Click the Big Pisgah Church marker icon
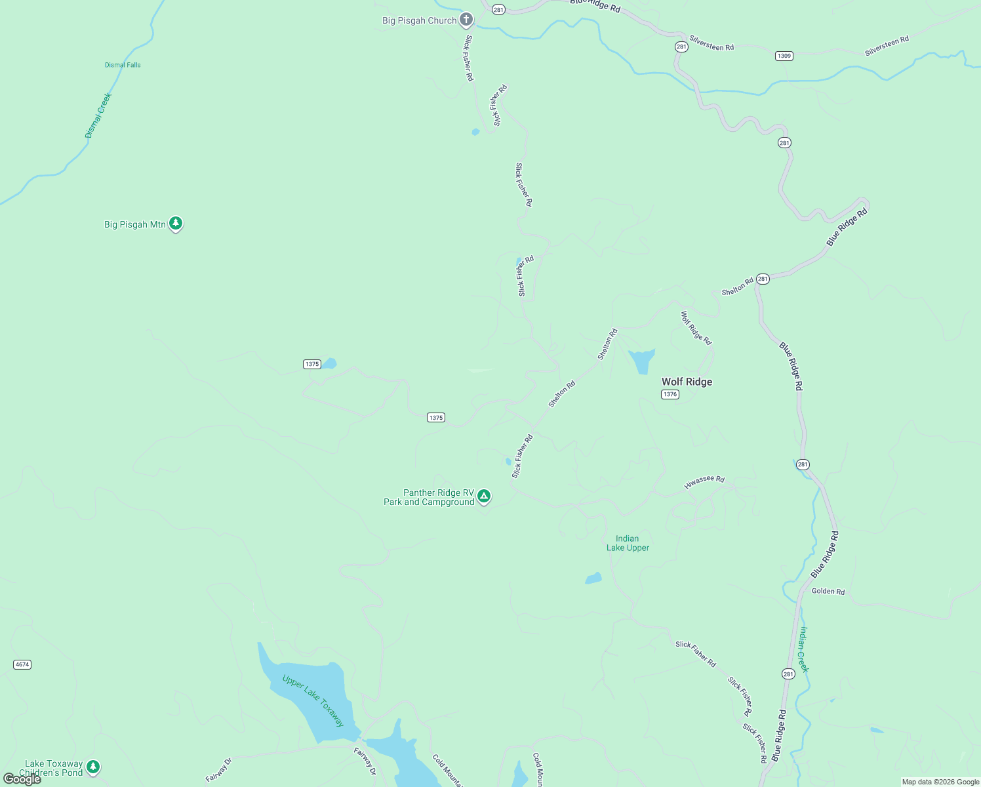click(466, 20)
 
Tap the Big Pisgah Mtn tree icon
click(175, 224)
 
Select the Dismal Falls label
click(123, 65)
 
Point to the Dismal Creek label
click(98, 115)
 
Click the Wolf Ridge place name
click(687, 382)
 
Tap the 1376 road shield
click(670, 394)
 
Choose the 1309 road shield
click(784, 56)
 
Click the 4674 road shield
click(22, 664)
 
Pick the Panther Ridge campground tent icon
click(484, 496)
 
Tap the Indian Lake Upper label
click(628, 543)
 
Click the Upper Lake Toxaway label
click(313, 700)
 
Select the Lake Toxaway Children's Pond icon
click(93, 766)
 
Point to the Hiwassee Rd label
click(704, 482)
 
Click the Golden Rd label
click(828, 591)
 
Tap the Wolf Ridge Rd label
click(696, 328)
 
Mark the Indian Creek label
click(804, 649)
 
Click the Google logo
click(22, 779)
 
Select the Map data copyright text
click(940, 782)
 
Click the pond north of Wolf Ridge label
click(641, 360)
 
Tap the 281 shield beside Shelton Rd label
click(763, 279)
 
